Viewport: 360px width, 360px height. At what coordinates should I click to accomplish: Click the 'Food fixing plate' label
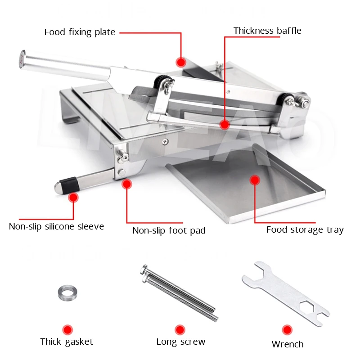click(x=80, y=32)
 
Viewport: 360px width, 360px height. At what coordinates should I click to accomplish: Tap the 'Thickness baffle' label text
click(x=267, y=31)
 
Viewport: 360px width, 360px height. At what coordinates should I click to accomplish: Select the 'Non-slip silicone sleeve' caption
click(x=56, y=226)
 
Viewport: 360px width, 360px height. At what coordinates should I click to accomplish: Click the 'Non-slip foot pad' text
click(x=169, y=231)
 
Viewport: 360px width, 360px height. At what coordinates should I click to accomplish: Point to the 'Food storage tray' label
click(x=305, y=230)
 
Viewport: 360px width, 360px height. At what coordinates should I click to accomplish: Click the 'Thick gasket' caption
click(x=67, y=342)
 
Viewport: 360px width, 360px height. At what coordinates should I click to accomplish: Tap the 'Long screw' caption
click(x=181, y=342)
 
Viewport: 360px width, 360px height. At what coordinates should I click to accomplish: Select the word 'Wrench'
click(x=288, y=344)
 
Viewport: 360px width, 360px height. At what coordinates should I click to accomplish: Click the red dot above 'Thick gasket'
click(x=67, y=329)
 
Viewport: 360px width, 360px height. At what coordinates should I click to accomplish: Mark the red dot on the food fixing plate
click(x=181, y=62)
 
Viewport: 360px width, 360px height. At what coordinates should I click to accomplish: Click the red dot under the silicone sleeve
click(x=73, y=197)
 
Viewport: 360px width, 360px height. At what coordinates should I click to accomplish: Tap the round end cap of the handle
click(x=22, y=59)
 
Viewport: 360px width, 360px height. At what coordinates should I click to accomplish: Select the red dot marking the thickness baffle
click(x=225, y=125)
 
